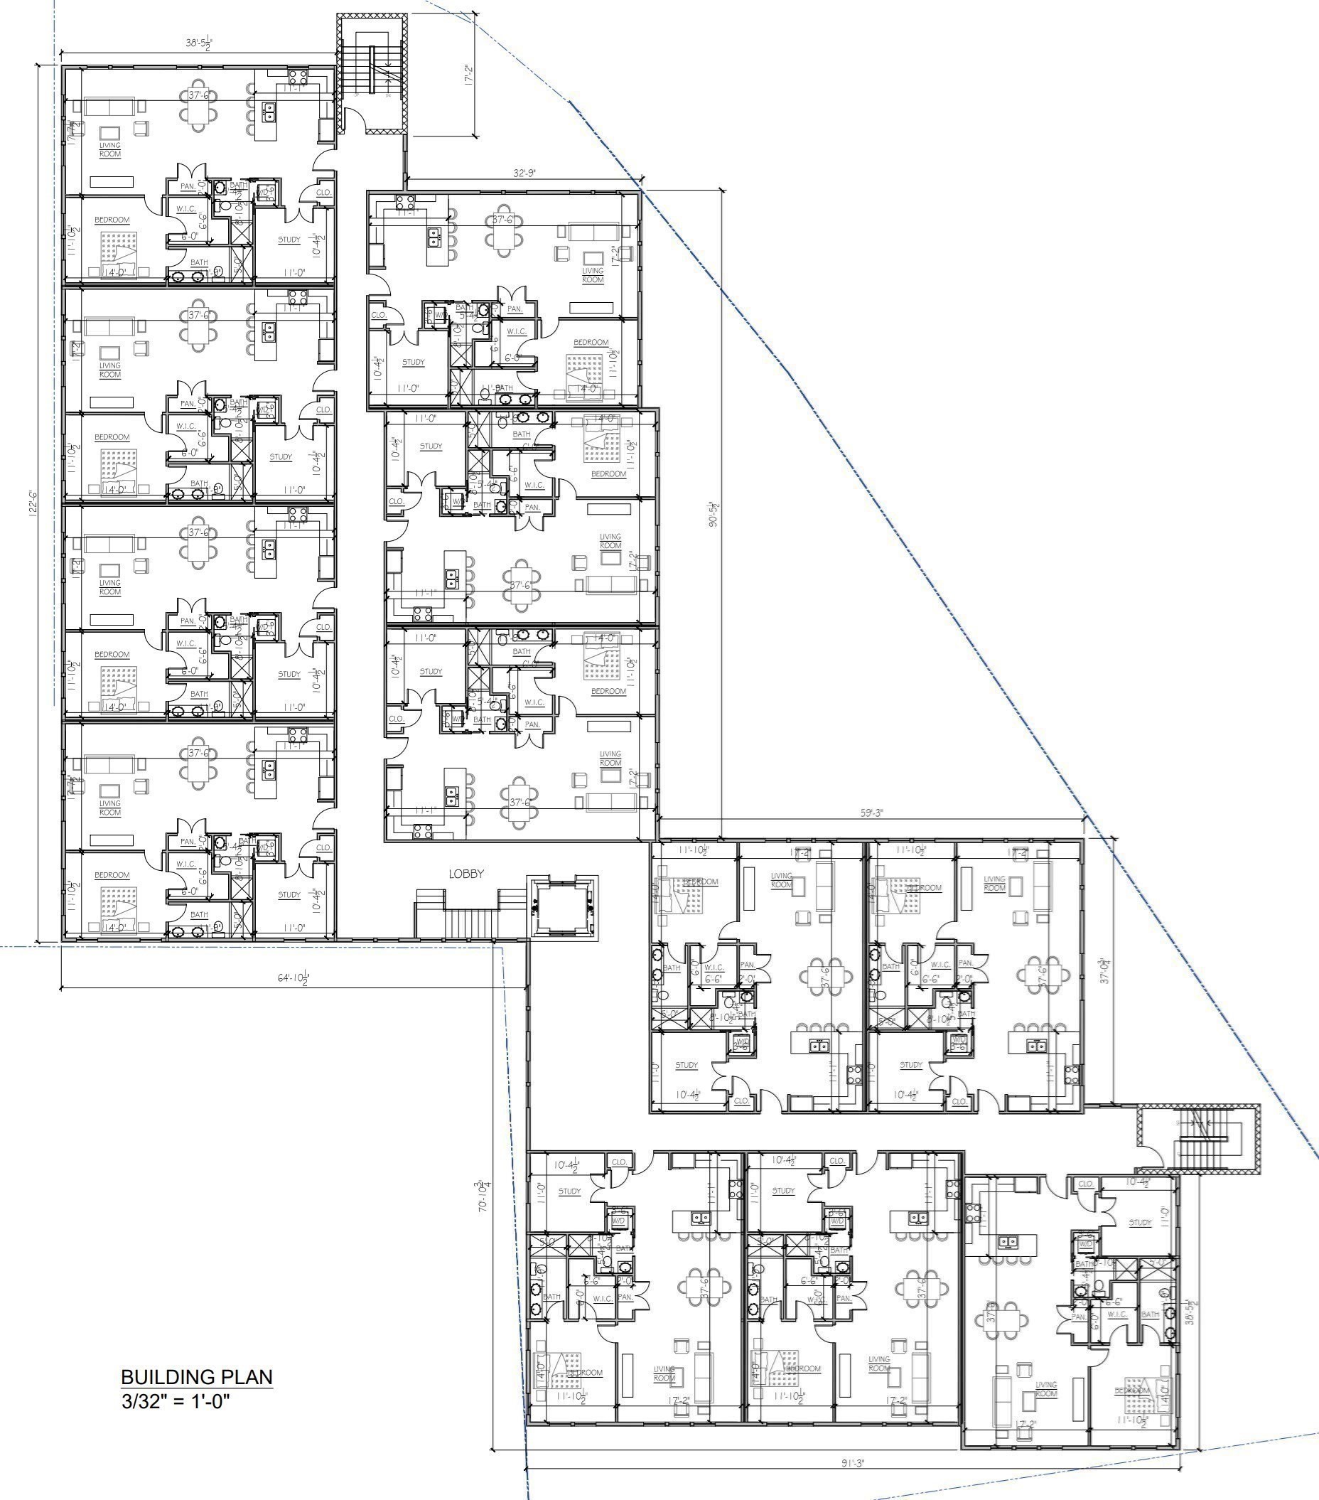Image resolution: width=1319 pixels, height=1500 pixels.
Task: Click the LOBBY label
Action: click(467, 873)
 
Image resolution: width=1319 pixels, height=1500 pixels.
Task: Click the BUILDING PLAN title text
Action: click(196, 1376)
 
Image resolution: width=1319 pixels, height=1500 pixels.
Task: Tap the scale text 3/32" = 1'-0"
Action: click(176, 1401)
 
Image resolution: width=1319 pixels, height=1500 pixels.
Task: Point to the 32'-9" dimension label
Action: click(524, 173)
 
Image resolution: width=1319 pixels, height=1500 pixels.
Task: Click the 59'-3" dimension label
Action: click(871, 813)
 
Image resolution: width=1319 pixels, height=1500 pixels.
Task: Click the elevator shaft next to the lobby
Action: click(563, 908)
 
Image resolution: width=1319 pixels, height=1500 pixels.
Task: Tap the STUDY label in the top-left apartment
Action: click(289, 240)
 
